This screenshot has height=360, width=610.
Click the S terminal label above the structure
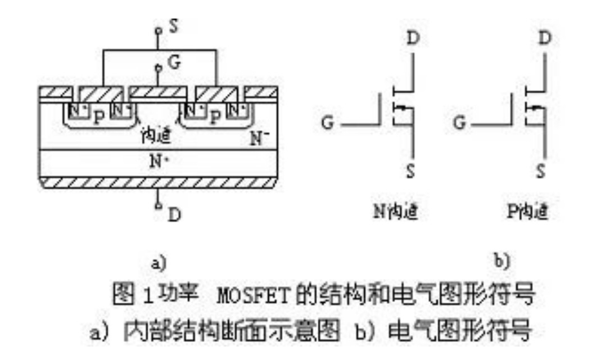coord(174,27)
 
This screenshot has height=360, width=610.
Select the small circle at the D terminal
coord(159,205)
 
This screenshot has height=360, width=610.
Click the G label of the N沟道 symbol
coord(329,121)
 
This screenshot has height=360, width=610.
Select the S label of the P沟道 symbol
coord(540,171)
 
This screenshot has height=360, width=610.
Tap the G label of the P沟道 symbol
coord(460,121)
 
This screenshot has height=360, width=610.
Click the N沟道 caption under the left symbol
coord(395,213)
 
